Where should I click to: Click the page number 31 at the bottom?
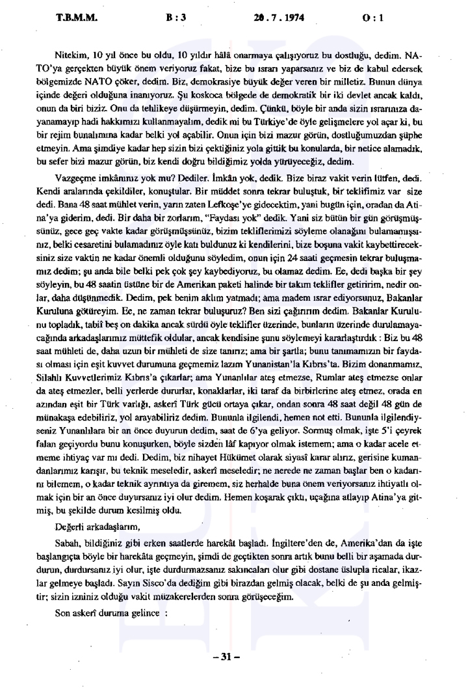pos(231,655)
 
